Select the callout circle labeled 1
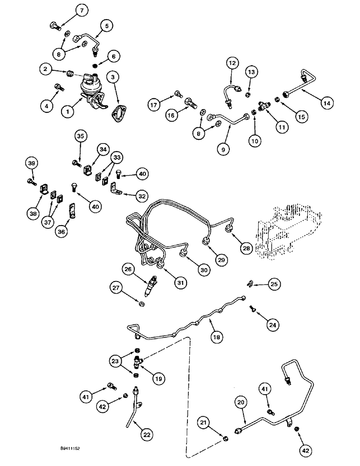point(68,111)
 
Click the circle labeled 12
point(233,62)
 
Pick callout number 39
point(31,164)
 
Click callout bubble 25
point(275,284)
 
